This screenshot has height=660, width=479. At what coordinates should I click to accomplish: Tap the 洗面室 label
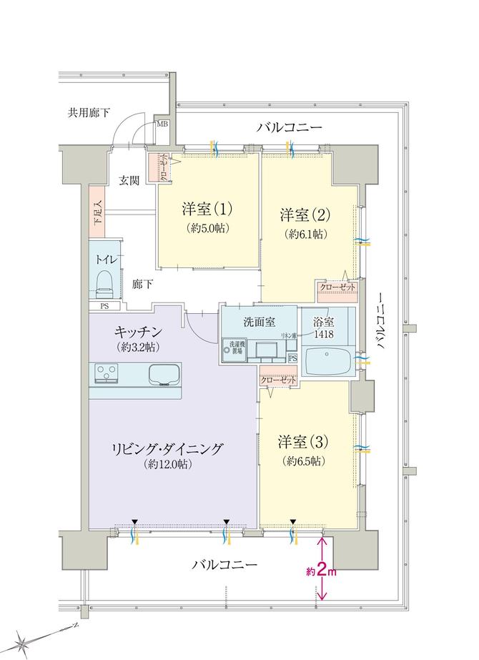(259, 321)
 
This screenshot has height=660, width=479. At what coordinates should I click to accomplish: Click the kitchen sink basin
(166, 374)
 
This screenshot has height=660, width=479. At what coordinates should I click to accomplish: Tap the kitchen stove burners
(109, 373)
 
